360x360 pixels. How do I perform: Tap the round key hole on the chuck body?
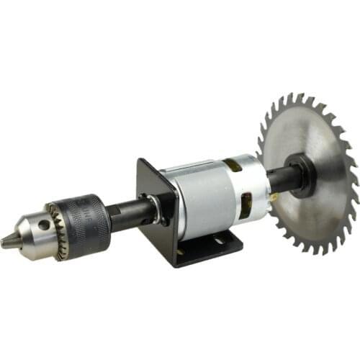click(45, 225)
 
